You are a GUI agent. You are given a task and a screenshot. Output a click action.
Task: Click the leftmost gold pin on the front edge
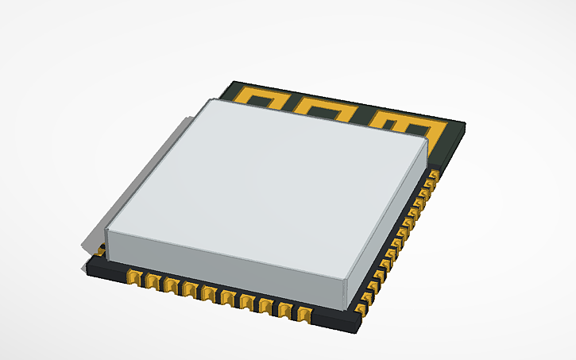[x=133, y=277]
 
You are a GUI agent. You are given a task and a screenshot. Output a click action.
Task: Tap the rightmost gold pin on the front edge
[x=303, y=312]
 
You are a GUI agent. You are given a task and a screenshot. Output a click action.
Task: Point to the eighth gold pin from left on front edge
[x=265, y=304]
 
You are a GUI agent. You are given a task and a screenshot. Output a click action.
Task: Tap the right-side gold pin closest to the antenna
[x=434, y=173]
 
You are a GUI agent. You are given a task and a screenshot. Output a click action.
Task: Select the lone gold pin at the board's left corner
[x=100, y=252]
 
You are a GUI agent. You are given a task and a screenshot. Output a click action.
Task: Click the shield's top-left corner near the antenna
[x=209, y=101]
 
